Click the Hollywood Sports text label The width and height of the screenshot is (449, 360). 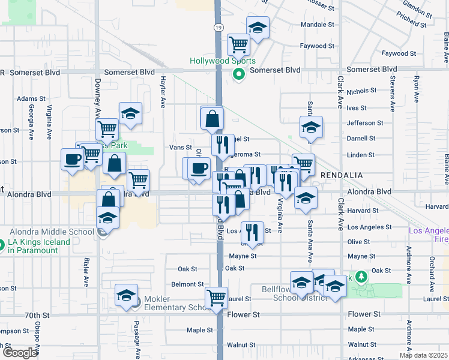pyautogui.click(x=223, y=61)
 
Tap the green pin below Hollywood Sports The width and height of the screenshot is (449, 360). pyautogui.click(x=238, y=74)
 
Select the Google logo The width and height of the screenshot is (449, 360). pyautogui.click(x=20, y=353)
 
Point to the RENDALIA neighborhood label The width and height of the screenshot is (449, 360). pyautogui.click(x=341, y=175)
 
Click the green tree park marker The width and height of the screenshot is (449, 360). pyautogui.click(x=360, y=277)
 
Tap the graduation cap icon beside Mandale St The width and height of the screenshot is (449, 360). pyautogui.click(x=258, y=28)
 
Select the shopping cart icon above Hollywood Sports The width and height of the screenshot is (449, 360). pyautogui.click(x=238, y=44)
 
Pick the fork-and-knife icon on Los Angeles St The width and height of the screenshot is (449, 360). pyautogui.click(x=252, y=231)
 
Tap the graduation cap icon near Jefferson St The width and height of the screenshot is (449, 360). pyautogui.click(x=311, y=127)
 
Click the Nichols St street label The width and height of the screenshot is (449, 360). pyautogui.click(x=361, y=91)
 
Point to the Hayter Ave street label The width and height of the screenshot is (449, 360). pyautogui.click(x=163, y=95)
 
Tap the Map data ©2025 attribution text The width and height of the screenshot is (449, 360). pyautogui.click(x=423, y=355)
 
